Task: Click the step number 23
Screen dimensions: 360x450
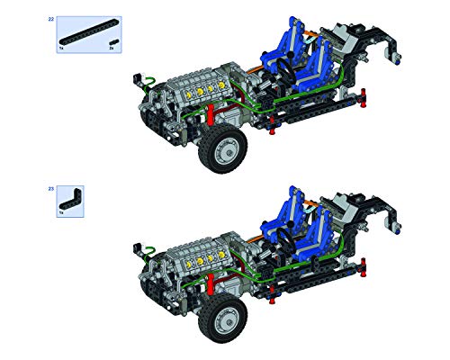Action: [50, 189]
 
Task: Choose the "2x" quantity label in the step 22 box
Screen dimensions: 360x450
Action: [112, 49]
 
